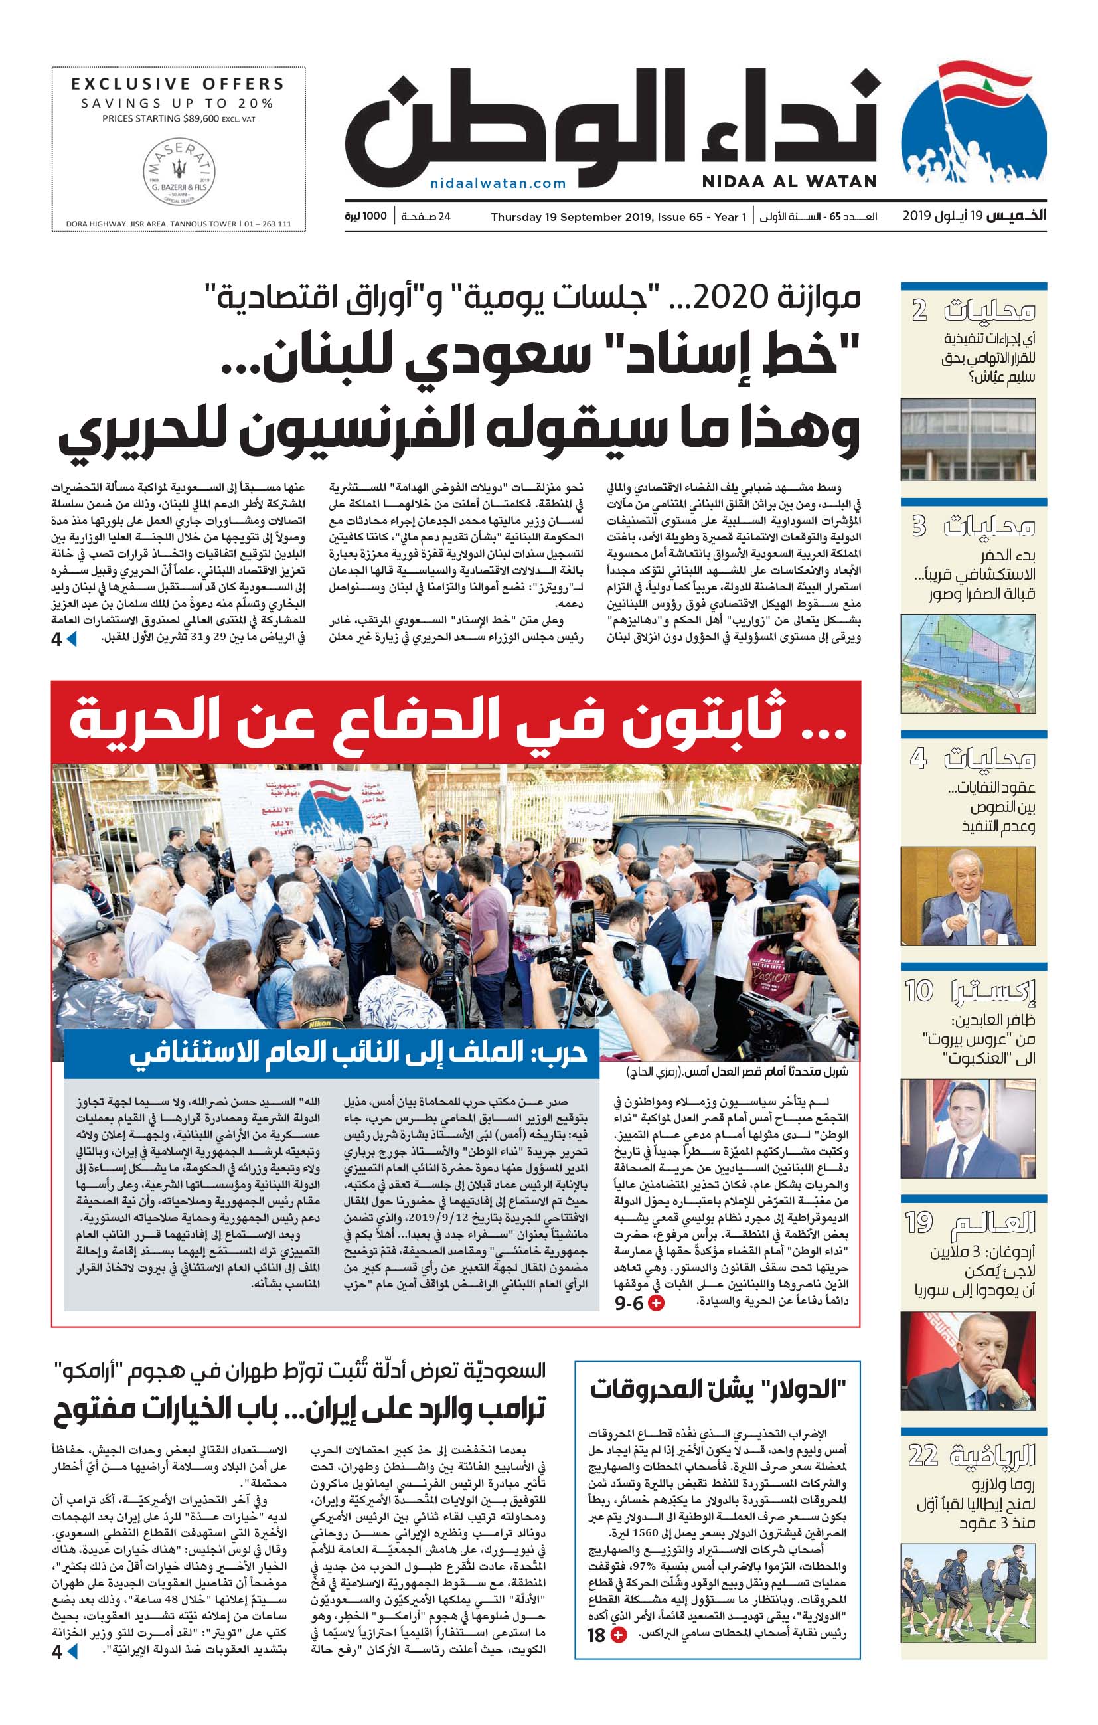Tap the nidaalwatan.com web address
pos(498,183)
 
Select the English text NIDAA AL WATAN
pos(789,182)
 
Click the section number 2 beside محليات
pos(919,310)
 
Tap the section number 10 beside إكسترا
pos(919,991)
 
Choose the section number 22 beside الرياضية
pos(923,1455)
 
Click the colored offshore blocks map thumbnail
pos(968,663)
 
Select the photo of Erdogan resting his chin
pos(968,1362)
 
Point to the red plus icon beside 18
pos(617,1635)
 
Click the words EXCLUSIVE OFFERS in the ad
pos(178,84)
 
